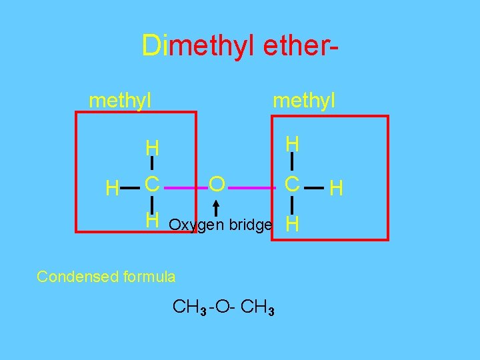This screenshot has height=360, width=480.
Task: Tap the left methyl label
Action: click(120, 101)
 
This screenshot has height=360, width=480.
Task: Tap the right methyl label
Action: click(304, 101)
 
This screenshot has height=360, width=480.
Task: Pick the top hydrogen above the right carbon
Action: click(291, 145)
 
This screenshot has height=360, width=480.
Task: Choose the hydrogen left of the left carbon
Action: click(113, 189)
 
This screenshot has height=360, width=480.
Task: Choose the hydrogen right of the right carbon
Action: click(337, 189)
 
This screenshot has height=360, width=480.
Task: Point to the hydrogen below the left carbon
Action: click(153, 218)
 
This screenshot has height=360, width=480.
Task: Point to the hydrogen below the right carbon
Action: click(291, 225)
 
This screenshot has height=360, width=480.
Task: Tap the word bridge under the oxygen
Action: click(250, 225)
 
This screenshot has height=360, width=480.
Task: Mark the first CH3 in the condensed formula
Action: click(189, 307)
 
